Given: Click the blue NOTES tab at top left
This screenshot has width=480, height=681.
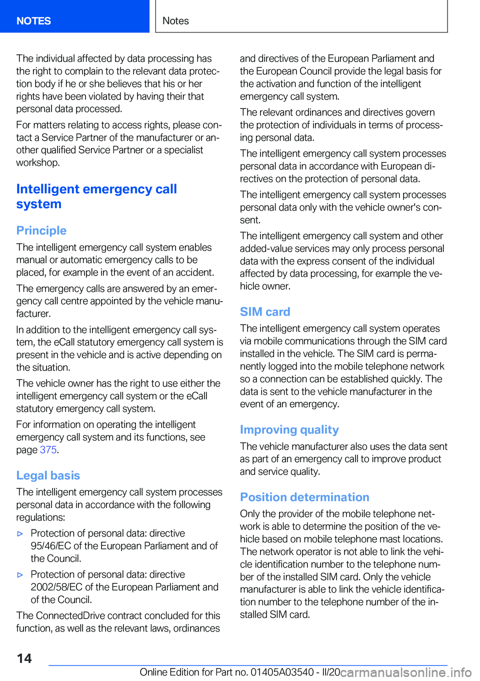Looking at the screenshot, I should coord(33,21).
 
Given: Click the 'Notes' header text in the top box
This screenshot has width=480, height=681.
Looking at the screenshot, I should coord(175,21).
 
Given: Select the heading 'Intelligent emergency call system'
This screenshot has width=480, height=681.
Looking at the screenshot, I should coord(96,196).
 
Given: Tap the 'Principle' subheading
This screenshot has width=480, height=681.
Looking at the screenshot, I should coord(41,230).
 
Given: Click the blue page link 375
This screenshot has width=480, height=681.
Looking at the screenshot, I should coord(48,450).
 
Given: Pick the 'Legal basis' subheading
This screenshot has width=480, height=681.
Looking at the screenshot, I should coord(48,475).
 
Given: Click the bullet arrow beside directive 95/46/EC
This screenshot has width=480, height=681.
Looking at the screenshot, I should coord(20,534).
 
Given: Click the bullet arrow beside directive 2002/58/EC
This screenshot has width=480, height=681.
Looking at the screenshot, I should coord(20,575).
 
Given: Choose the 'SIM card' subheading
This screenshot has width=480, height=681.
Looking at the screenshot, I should coord(265,312).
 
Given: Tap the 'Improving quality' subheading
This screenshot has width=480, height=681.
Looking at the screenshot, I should coord(289,430).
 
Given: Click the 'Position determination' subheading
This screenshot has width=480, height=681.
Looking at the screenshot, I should coord(304,497).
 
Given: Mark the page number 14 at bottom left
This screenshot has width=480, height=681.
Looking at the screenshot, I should coord(24,658).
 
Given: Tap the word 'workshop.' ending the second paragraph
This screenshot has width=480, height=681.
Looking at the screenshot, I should coord(38,163).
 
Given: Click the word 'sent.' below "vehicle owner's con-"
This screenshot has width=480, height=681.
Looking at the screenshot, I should coord(250,220).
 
